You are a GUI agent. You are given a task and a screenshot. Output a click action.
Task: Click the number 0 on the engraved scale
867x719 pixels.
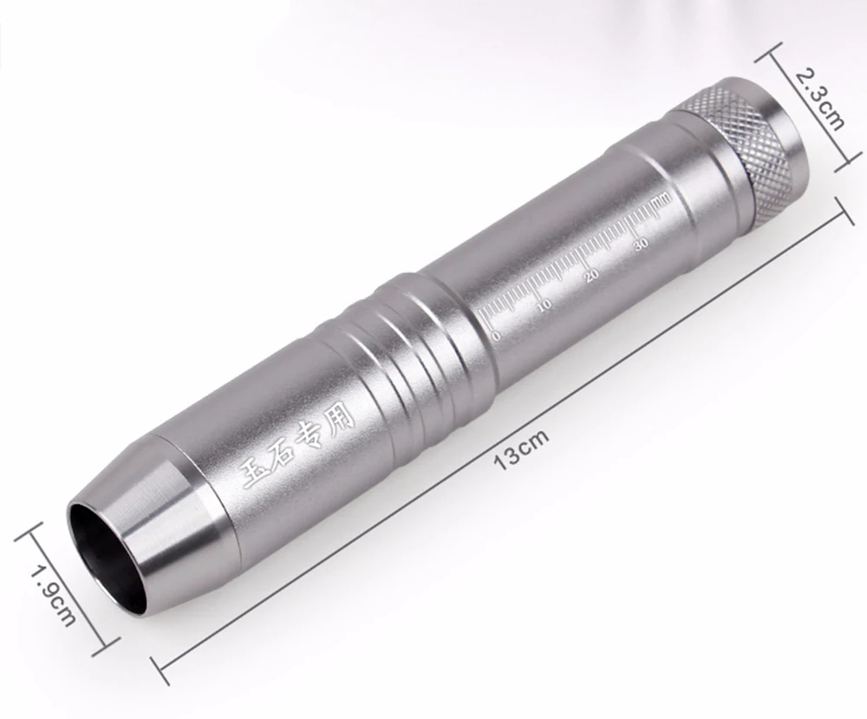pyautogui.click(x=495, y=336)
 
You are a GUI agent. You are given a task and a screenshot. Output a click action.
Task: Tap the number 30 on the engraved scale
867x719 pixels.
pyautogui.click(x=642, y=245)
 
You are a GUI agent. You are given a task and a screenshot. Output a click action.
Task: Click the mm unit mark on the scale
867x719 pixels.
pyautogui.click(x=662, y=198)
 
